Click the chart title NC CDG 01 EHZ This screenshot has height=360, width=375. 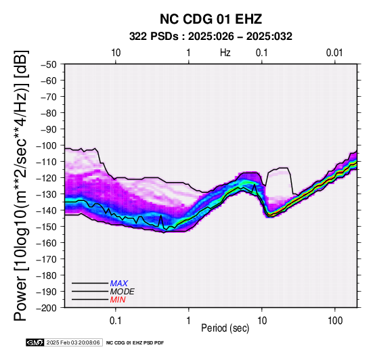211,19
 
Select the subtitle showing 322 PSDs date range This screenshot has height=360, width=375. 211,37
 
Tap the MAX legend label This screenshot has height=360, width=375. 119,284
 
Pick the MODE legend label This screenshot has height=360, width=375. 123,292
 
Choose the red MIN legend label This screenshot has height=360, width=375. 118,300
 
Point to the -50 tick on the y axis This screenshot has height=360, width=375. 49,64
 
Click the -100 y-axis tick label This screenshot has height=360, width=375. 47,145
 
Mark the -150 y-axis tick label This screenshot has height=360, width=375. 47,227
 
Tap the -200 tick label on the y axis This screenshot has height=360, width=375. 47,308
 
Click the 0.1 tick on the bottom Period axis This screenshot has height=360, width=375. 116,320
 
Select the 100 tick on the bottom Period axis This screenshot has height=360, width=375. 335,320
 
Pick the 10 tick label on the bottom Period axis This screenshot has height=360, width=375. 262,320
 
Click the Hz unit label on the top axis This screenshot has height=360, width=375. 225,53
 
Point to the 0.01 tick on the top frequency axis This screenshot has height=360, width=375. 334,53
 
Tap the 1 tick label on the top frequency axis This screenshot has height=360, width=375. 189,53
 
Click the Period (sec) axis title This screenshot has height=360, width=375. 225,328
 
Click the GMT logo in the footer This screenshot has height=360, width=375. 35,342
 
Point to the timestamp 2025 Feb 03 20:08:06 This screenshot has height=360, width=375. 73,342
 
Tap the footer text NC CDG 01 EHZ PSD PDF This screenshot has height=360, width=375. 135,343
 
